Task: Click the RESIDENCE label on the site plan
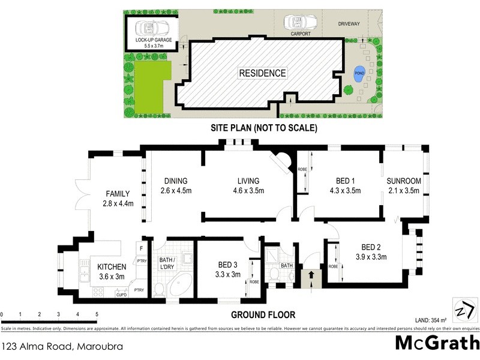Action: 263,73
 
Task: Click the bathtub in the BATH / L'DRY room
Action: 180,286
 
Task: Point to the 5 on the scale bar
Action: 97,314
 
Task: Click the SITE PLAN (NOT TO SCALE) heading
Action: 263,128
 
